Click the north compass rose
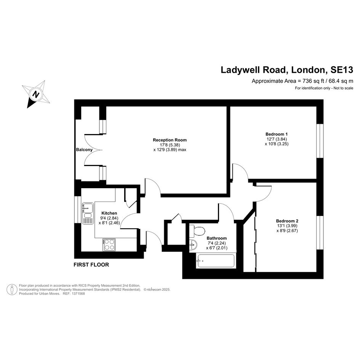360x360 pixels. tap(36, 94)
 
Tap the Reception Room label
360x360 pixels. tap(170, 140)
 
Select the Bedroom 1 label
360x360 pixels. tap(277, 134)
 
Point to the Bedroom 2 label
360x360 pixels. tap(287, 221)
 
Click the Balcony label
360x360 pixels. tap(84, 150)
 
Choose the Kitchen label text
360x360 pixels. tap(109, 213)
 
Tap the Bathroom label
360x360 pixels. tap(216, 238)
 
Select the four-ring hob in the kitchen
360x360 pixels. tap(109, 245)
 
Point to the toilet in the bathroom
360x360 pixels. tap(197, 231)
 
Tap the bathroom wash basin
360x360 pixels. tap(193, 245)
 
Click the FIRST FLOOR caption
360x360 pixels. tap(91, 265)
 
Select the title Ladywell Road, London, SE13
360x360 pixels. tap(287, 70)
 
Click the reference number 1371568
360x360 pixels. tap(78, 293)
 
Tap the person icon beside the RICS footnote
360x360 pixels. tap(12, 290)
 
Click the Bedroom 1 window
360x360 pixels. tap(320, 141)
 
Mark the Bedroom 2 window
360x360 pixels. tap(320, 233)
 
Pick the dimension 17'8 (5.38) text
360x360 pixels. tap(170, 145)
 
